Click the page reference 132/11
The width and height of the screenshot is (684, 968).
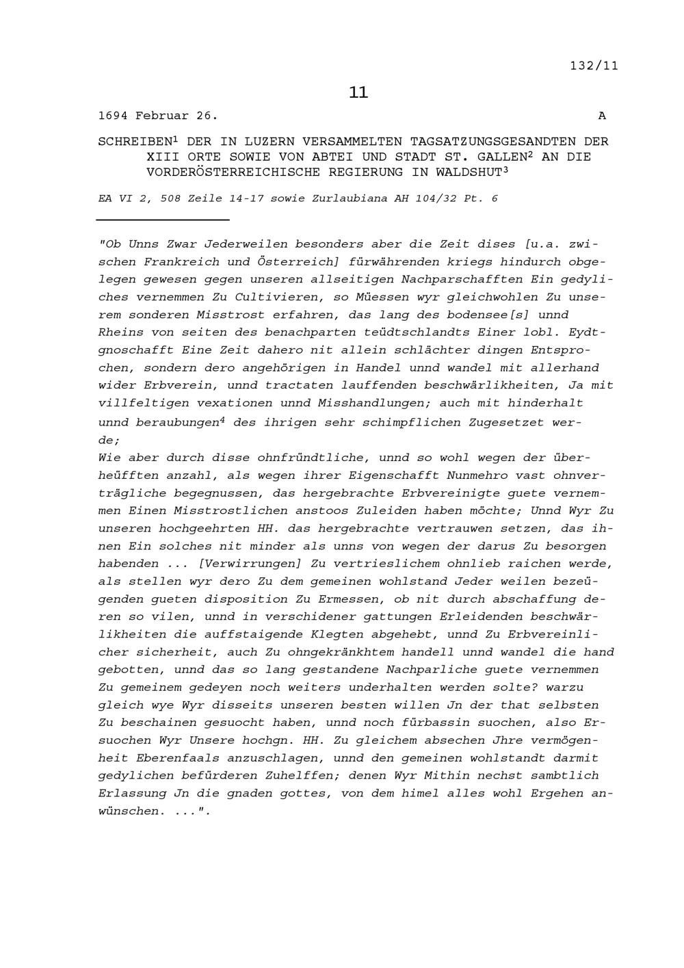[x=594, y=66]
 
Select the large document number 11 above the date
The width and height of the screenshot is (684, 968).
[x=358, y=92]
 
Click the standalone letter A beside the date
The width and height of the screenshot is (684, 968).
[x=602, y=116]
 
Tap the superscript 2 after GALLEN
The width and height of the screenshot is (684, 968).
[x=530, y=154]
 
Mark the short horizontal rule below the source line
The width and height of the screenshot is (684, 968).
[x=163, y=220]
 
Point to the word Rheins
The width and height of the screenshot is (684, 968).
[x=121, y=332]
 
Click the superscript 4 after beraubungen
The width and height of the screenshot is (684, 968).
[x=222, y=419]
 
